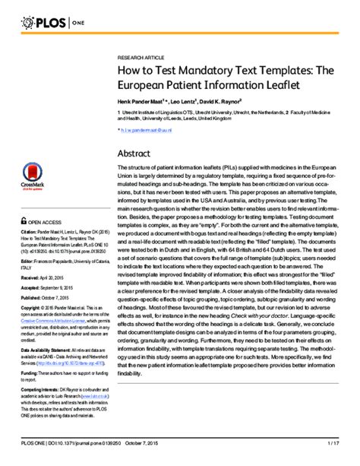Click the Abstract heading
137,154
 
